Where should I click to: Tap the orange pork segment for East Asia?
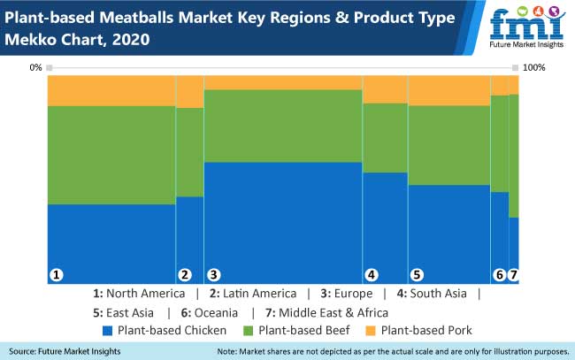[448, 90]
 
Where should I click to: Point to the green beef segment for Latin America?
[189, 151]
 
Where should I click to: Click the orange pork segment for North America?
[111, 90]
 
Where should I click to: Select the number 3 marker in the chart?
[213, 275]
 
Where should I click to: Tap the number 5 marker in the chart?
[417, 275]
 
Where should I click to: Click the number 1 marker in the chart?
[57, 275]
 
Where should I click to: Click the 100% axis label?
[534, 67]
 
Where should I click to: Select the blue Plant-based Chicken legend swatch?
[109, 331]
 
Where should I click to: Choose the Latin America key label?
[252, 294]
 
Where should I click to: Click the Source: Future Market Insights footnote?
[66, 351]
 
